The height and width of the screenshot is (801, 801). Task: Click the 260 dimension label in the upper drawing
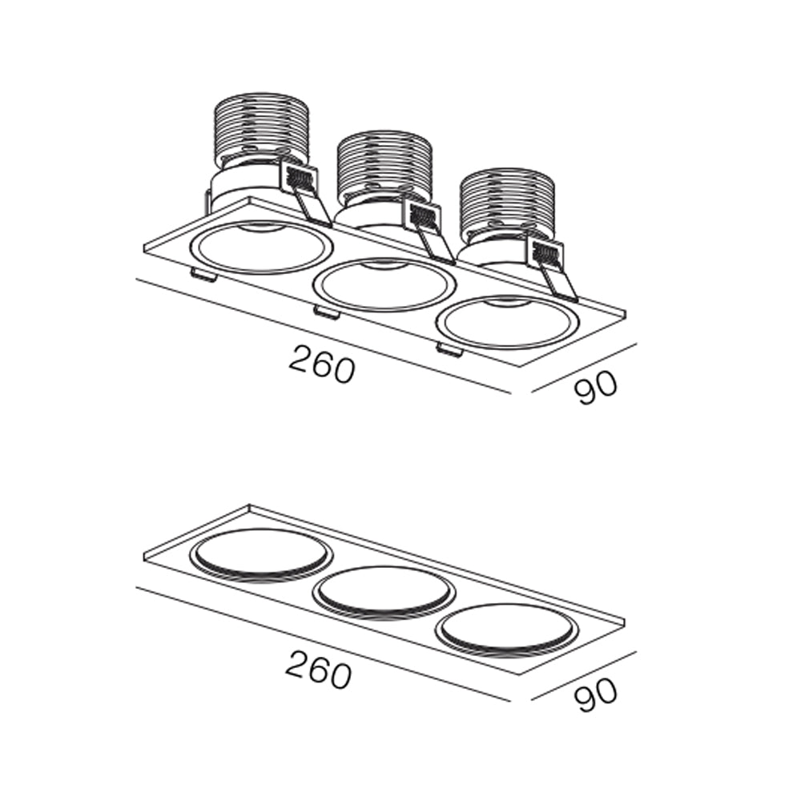coord(321,364)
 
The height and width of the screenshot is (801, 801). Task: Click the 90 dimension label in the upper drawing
coord(596,387)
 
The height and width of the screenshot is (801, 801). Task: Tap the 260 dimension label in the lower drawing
coord(320,668)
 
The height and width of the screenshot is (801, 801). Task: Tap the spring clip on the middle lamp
coord(428,231)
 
